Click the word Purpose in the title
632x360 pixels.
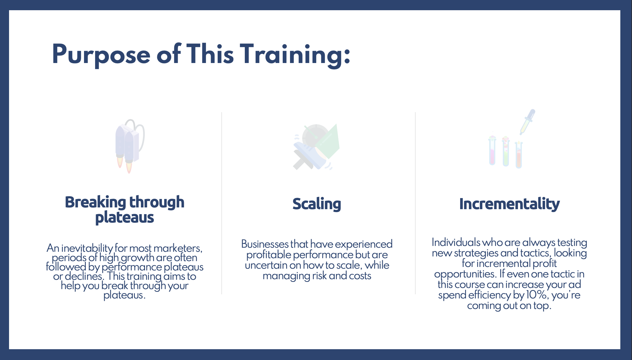(x=101, y=55)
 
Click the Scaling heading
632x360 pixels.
(x=317, y=204)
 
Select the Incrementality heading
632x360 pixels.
(x=509, y=204)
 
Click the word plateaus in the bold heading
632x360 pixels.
(x=125, y=218)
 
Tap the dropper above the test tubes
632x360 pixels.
(x=528, y=122)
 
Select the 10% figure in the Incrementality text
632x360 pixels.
(x=536, y=295)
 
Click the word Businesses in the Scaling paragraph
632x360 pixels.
(x=265, y=244)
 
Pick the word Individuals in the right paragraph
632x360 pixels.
(x=456, y=242)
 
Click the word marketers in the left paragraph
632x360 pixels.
(x=178, y=248)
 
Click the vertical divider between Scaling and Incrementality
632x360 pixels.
(x=415, y=203)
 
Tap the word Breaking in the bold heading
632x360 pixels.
(x=95, y=202)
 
